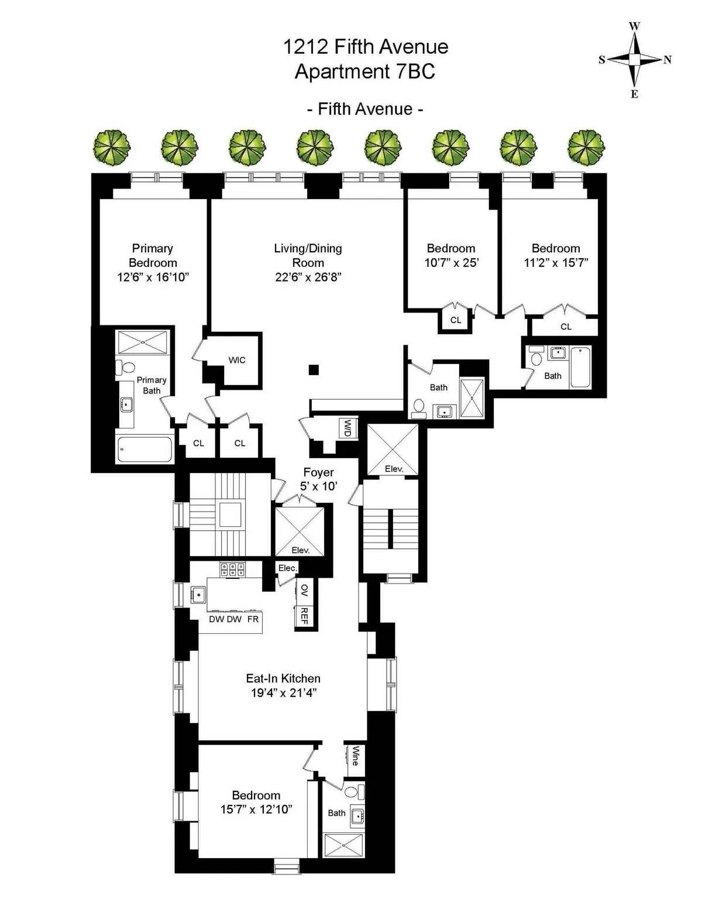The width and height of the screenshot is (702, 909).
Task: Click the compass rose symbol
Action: tap(635, 59)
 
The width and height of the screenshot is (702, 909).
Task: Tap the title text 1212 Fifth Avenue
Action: tap(366, 47)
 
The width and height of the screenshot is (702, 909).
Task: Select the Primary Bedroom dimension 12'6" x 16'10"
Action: tap(153, 277)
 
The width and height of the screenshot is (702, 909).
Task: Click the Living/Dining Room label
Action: tap(308, 255)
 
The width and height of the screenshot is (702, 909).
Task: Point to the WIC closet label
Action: tap(237, 360)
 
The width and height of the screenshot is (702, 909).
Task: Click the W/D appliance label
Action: tap(347, 428)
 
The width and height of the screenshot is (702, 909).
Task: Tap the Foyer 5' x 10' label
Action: tap(319, 479)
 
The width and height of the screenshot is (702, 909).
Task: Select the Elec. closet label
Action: tap(288, 568)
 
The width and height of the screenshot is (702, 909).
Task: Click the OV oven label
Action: tap(304, 590)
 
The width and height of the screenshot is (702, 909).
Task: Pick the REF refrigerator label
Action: tap(304, 616)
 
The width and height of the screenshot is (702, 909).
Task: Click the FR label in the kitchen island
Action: tap(253, 619)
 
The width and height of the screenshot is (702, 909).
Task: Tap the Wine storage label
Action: tap(355, 756)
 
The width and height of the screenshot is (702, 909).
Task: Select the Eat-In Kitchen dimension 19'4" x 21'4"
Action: tap(283, 693)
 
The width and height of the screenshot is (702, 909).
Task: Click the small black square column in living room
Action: tap(314, 369)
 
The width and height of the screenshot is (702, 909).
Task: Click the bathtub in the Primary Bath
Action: tap(144, 450)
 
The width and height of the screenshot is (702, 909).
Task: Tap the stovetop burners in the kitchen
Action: tap(232, 570)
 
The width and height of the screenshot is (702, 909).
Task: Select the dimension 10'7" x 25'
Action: tap(451, 263)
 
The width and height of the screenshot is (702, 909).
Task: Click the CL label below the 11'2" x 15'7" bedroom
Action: tap(566, 327)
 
